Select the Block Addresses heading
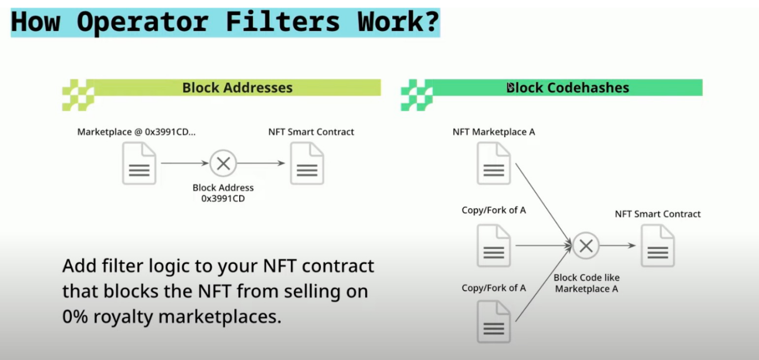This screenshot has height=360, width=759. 237,88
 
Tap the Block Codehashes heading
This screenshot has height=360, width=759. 567,88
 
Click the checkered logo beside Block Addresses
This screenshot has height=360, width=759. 78,95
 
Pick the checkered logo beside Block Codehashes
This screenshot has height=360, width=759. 416,95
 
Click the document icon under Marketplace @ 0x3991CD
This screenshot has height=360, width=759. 139,163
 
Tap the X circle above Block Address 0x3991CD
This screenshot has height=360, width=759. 223,164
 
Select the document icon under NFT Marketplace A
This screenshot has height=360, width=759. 494,163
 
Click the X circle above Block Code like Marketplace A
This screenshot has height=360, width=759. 586,245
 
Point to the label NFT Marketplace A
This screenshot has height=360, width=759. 494,132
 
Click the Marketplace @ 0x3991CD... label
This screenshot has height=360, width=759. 137,132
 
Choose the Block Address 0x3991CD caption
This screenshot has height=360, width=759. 223,193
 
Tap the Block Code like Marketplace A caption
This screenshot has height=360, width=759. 586,283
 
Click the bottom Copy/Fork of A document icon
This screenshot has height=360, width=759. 494,321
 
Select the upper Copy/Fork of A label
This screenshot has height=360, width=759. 494,210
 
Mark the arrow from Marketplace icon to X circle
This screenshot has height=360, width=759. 185,164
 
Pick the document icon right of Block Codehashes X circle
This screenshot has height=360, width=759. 658,245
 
